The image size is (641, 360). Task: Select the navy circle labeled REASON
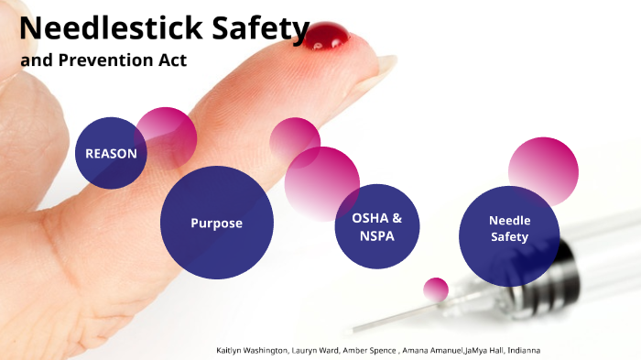pos(111,153)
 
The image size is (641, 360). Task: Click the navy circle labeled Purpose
pos(216,223)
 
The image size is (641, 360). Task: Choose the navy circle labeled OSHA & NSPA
pos(375,226)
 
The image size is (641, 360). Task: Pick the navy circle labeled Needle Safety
pos(509,228)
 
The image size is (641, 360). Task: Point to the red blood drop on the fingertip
pos(327,38)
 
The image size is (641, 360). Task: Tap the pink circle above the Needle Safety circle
pos(544,169)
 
